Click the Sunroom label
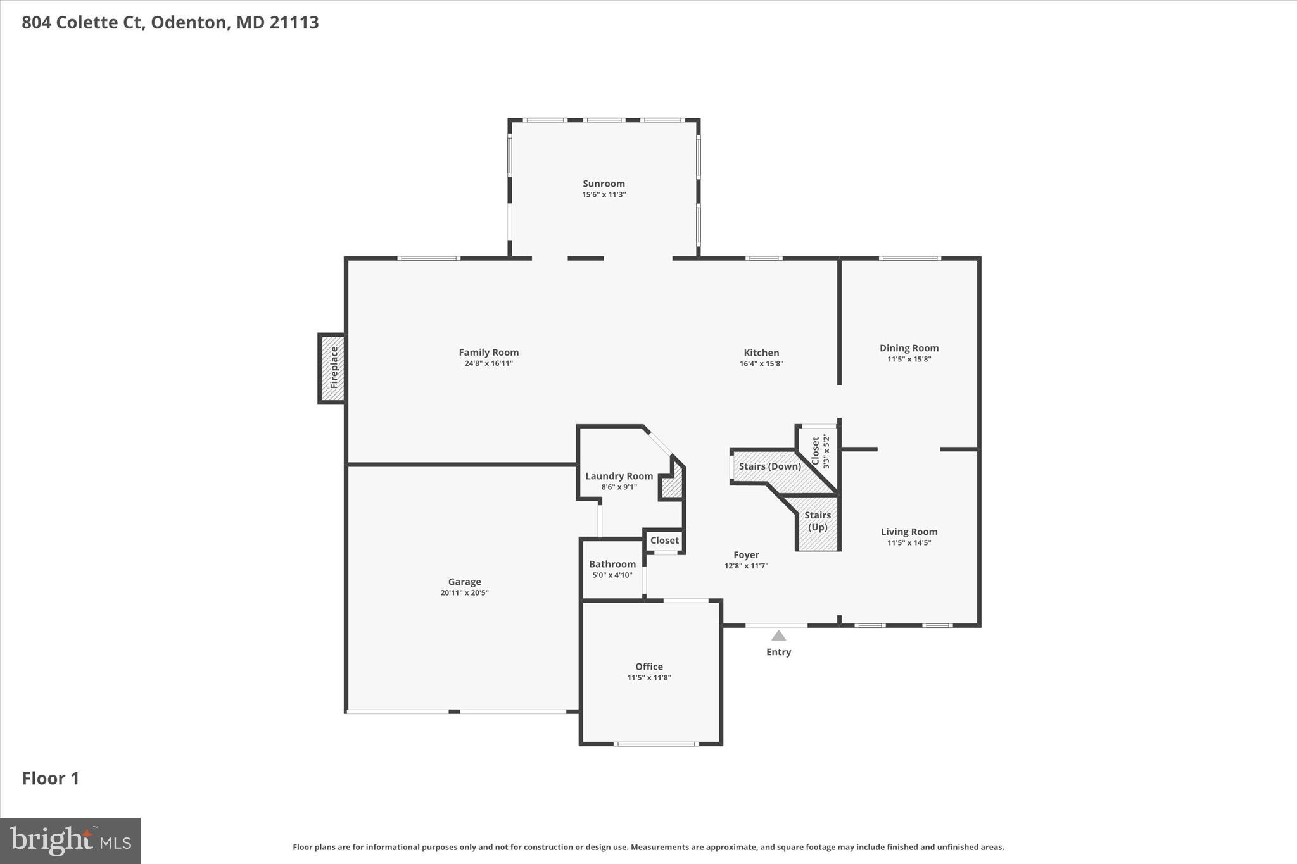604,184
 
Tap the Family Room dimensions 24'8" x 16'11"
488,363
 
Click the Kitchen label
761,353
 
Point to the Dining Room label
909,347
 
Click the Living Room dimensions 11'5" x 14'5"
909,542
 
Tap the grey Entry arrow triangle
778,635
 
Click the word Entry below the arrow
778,652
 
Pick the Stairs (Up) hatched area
818,522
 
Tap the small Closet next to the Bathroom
664,541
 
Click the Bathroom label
612,564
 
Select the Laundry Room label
619,476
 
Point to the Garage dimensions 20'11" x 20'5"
464,593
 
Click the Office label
648,667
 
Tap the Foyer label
746,554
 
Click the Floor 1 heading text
51,779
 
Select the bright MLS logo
70,841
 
